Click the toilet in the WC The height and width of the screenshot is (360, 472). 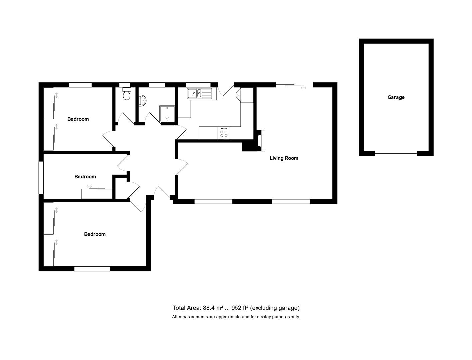(126, 94)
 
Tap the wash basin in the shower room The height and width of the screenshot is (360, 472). (142, 100)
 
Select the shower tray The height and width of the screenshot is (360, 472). (167, 114)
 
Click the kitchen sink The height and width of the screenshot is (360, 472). (199, 93)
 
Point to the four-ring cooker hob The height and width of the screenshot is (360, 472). (224, 133)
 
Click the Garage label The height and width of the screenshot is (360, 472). (396, 97)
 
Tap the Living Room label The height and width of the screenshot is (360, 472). (284, 158)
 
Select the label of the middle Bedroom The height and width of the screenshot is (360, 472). (85, 177)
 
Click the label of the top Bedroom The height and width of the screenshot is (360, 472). (78, 119)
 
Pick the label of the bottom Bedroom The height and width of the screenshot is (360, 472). (95, 234)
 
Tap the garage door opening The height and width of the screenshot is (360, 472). (396, 154)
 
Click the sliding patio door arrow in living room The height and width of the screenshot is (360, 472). (303, 88)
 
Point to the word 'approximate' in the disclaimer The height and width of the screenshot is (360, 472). (228, 317)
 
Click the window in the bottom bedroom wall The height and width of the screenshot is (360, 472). (92, 269)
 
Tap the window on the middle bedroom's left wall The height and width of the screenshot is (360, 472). (41, 178)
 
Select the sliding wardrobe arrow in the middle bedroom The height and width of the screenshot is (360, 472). (89, 186)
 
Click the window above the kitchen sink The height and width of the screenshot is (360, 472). (198, 85)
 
